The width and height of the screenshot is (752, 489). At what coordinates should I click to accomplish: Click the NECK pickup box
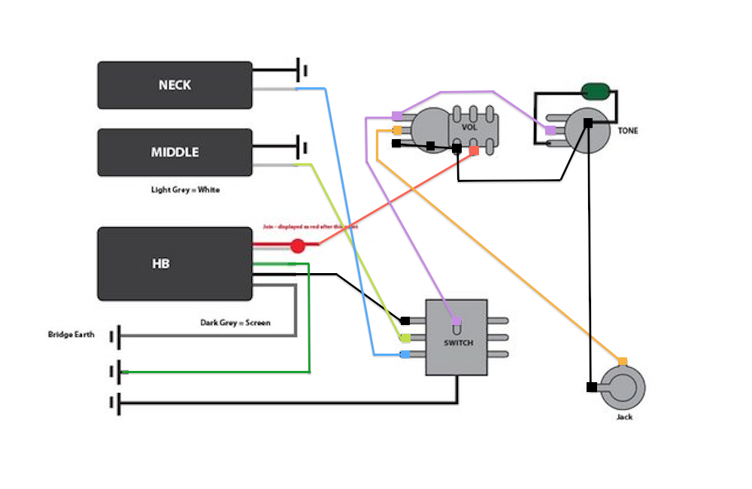click(174, 85)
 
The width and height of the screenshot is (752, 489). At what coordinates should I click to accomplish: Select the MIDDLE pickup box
click(174, 152)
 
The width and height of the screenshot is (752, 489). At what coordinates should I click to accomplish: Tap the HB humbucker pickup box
click(174, 264)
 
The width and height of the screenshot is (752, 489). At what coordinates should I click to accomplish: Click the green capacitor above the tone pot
click(596, 92)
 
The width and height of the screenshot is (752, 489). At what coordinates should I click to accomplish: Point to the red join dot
click(298, 245)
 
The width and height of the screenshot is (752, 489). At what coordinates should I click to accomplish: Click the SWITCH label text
click(458, 343)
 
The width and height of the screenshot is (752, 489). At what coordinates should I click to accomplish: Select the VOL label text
click(469, 126)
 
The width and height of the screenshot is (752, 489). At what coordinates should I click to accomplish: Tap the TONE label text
click(628, 131)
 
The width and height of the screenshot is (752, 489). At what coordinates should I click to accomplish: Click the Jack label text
click(624, 417)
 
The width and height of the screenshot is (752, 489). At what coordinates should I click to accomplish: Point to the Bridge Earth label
click(71, 335)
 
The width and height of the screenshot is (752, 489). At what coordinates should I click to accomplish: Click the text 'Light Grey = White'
click(185, 190)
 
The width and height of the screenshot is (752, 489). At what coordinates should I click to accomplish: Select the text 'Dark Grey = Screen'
click(235, 323)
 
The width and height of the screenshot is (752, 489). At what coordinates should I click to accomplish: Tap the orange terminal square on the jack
click(622, 361)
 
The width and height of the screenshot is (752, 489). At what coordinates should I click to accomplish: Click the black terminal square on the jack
click(591, 387)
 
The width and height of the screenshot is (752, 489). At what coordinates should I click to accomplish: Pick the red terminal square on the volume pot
click(474, 150)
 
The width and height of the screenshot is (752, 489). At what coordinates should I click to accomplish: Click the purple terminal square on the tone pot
click(550, 131)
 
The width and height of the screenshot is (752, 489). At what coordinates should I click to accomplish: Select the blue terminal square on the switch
click(405, 354)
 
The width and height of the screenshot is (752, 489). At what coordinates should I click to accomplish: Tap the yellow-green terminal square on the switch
click(405, 338)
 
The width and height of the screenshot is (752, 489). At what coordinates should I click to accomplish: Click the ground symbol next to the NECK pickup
click(304, 71)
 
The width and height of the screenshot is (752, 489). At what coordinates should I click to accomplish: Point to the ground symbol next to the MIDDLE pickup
click(304, 145)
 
